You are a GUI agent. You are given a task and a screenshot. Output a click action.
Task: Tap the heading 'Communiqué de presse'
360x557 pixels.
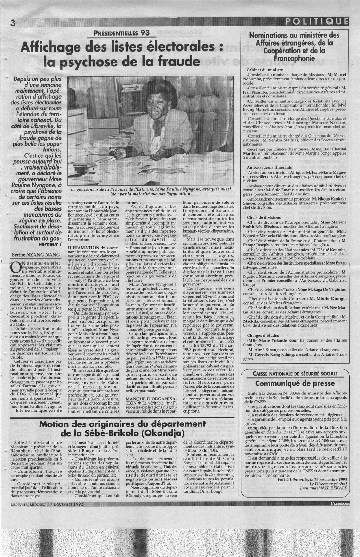(295, 383)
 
